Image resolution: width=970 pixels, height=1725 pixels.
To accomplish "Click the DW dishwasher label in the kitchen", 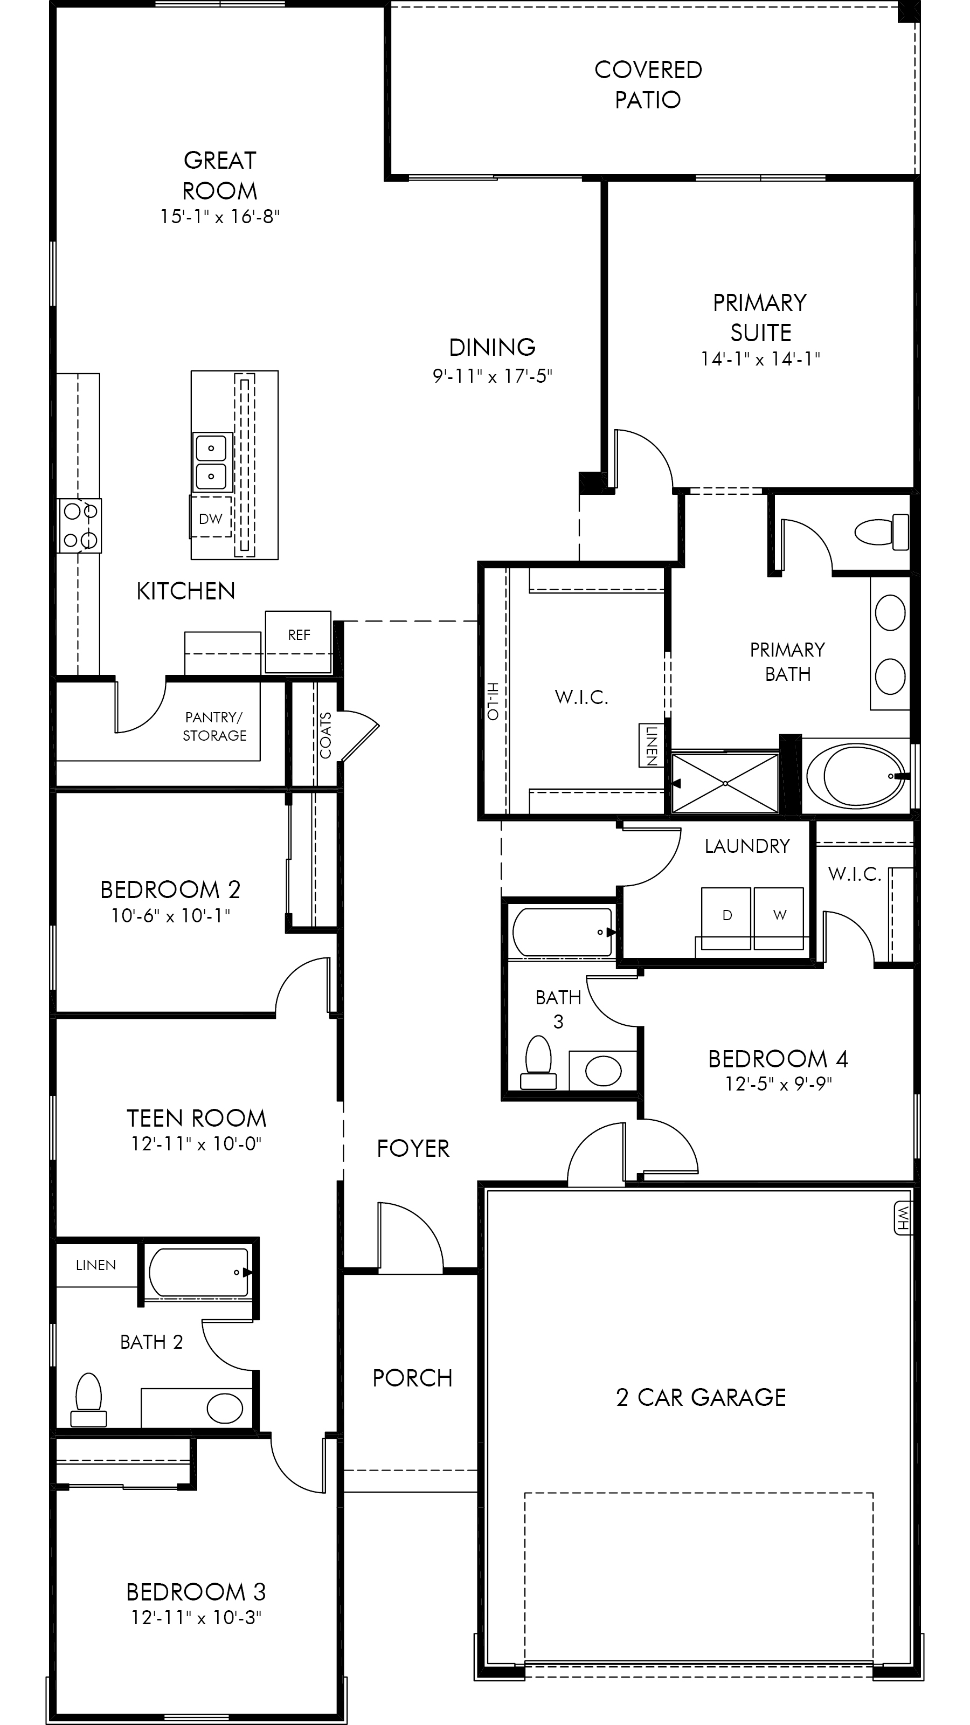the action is coord(210,518).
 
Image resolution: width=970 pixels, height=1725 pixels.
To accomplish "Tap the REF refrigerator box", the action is coord(298,641).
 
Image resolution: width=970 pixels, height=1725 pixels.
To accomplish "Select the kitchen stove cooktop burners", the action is coord(80,526).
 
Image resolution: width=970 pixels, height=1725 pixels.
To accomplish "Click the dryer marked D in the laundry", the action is coord(726,918).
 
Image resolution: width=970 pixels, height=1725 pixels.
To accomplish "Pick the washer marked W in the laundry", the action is coord(779,918).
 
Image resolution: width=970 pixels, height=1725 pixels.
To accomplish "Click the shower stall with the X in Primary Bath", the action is coord(725,783).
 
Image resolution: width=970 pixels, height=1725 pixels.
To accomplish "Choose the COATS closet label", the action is coord(326,735).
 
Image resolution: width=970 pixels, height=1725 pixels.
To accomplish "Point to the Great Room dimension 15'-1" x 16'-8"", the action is coord(219,217).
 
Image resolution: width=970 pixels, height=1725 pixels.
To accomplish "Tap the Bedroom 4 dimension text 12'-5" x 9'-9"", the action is coord(778,1084).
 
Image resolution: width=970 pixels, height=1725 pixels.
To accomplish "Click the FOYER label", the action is coord(413,1148).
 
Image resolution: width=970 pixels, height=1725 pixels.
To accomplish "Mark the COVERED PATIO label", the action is coord(648,85).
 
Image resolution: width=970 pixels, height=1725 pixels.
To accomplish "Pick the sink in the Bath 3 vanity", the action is coord(603,1071).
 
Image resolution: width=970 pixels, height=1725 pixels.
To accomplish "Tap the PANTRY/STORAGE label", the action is coord(214,727).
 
